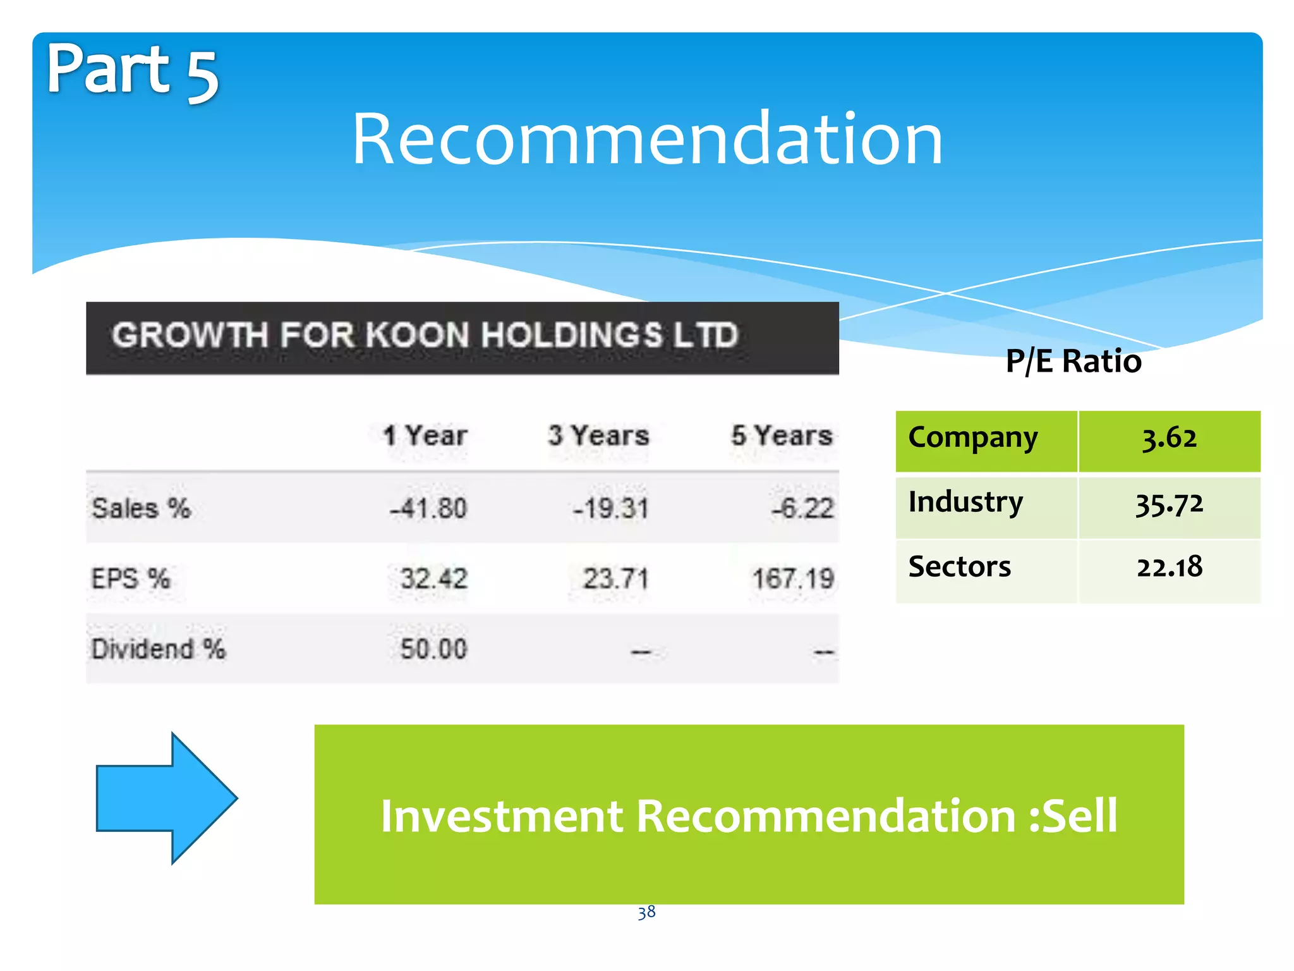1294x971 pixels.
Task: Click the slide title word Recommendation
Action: click(x=647, y=139)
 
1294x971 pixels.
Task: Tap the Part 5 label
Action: click(x=132, y=71)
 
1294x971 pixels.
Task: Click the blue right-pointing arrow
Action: click(x=166, y=798)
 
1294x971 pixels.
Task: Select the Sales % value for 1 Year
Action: click(x=428, y=508)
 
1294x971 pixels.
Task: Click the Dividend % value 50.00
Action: click(x=433, y=649)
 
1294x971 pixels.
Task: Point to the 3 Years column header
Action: click(x=598, y=436)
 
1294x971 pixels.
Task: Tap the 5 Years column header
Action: click(x=782, y=436)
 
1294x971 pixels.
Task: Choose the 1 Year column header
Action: click(x=425, y=436)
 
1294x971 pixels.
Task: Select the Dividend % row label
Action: click(x=158, y=649)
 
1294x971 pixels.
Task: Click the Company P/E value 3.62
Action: click(x=1169, y=438)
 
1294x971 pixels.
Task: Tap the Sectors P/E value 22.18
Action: click(x=1169, y=567)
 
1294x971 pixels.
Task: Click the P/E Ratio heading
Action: click(x=1073, y=362)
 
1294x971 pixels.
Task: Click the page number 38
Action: click(x=646, y=912)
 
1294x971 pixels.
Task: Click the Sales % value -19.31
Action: click(x=610, y=508)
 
